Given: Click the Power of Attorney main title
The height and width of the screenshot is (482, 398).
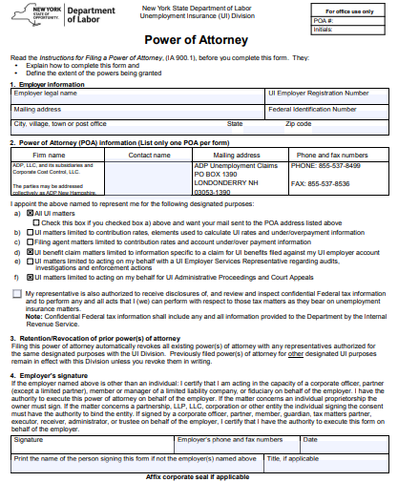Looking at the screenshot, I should pos(199,41).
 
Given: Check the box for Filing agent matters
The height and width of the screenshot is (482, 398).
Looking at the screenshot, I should pos(29,241).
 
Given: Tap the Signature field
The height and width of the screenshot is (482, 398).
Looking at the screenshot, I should pos(91,441).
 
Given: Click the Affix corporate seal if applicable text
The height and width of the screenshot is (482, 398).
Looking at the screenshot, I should pos(198,474).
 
